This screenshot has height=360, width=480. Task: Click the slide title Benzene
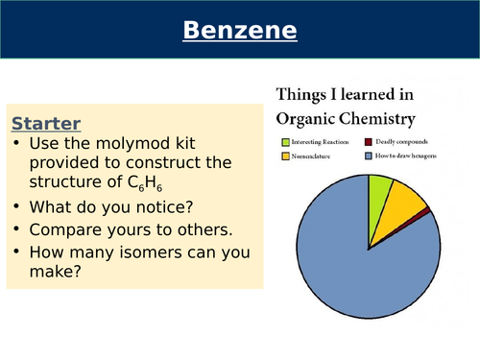coord(240,32)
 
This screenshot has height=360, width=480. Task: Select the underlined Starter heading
coord(45,123)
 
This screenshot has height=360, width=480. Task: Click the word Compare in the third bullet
coord(65,230)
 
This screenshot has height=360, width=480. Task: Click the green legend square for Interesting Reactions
coord(285,142)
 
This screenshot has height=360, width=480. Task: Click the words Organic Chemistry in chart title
coord(346,120)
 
